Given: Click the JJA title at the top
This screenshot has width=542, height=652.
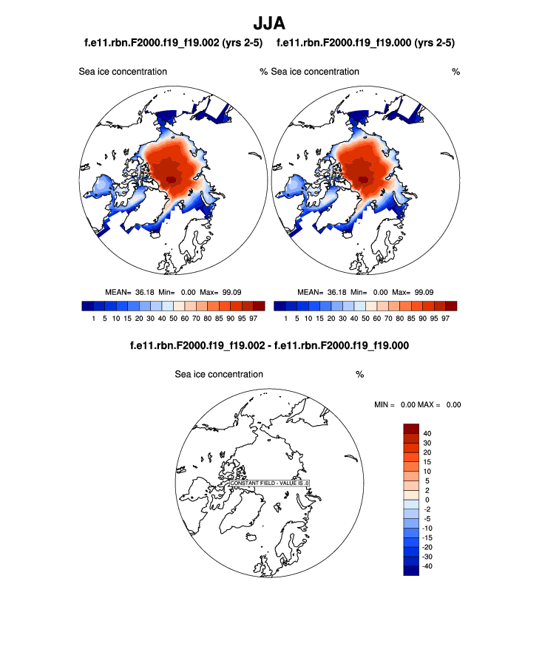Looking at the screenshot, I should point(270,24).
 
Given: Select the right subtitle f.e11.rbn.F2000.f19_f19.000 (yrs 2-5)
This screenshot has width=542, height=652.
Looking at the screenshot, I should point(365,44).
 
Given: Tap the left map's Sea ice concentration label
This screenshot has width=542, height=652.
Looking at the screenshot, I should point(123,72).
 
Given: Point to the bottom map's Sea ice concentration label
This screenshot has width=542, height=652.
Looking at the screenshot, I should point(219,374).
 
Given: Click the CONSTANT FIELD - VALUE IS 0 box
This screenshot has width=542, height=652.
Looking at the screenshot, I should point(269,483).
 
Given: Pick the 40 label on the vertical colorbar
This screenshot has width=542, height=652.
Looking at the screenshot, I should point(427,433).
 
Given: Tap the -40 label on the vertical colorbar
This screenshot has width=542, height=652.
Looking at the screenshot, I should point(425,566).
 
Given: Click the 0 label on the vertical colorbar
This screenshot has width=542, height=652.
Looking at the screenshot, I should point(427,500).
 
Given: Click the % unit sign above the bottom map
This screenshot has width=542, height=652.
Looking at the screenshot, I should point(359,374).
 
